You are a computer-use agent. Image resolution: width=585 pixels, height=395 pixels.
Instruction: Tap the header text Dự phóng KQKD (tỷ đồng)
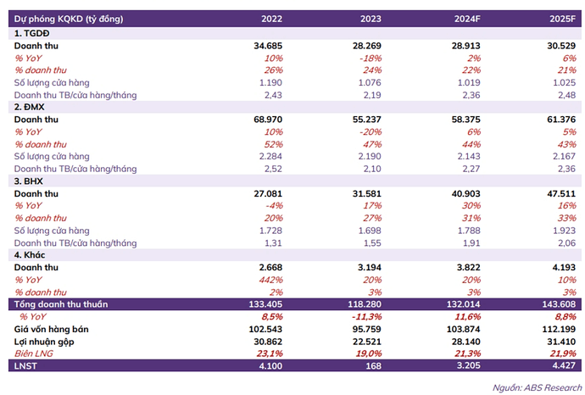[64, 18]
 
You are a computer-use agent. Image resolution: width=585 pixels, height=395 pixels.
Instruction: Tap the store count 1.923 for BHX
[560, 231]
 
